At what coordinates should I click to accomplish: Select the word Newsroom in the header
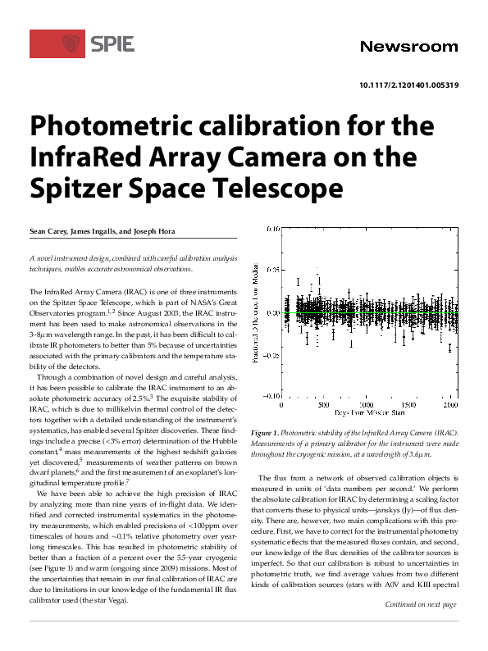point(409,46)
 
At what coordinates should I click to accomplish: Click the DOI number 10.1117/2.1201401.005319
point(408,85)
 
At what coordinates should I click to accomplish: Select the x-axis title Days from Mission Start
point(365,414)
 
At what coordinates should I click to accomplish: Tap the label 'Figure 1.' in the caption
point(267,432)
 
